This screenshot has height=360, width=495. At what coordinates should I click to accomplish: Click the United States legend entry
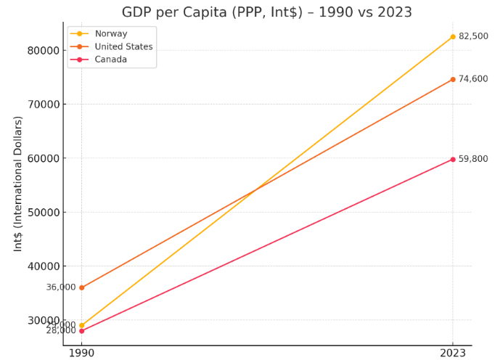point(123,47)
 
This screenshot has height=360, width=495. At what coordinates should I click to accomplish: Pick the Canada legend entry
point(110,60)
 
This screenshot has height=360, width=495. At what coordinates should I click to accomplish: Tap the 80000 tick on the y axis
point(43,51)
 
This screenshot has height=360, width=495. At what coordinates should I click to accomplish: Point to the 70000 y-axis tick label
point(43,105)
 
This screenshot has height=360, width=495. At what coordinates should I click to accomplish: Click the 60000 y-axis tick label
point(43,158)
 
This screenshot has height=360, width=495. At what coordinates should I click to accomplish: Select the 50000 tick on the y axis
point(43,213)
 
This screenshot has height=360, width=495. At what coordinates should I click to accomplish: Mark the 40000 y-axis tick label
point(43,266)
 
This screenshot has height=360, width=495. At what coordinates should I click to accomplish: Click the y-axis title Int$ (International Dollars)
point(19,184)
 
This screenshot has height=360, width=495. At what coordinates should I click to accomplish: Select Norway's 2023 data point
point(453,37)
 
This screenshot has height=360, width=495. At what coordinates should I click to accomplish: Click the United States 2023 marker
point(453,80)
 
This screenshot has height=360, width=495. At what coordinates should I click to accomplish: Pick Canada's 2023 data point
point(453,160)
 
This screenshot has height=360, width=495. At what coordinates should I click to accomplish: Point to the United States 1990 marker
point(81,287)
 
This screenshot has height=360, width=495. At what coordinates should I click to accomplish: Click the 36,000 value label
point(61,287)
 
